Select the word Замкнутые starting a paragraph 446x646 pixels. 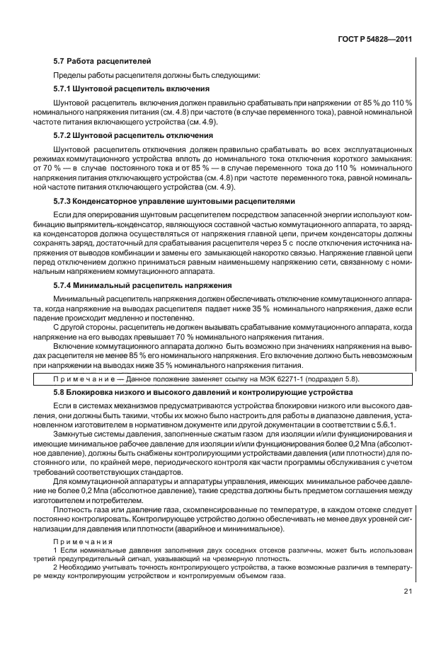(74, 433)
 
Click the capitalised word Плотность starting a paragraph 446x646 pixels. (74, 509)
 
